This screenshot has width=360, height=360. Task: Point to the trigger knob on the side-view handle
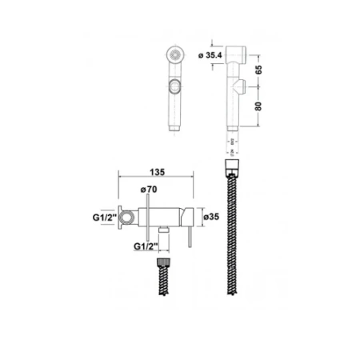coord(238,87)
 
